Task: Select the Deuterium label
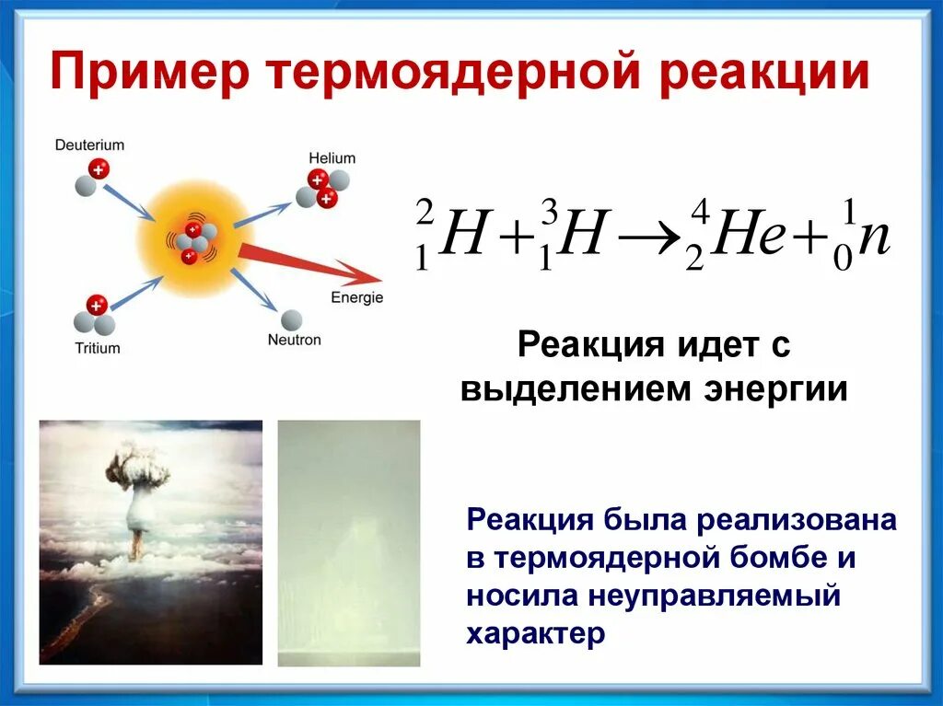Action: click(89, 145)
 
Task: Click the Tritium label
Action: click(98, 348)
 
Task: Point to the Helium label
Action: click(332, 158)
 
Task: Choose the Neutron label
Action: click(294, 340)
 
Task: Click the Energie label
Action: click(356, 297)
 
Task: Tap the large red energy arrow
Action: click(310, 263)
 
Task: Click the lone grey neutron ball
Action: click(292, 320)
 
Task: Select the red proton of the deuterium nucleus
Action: click(99, 169)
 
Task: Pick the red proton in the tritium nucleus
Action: click(96, 305)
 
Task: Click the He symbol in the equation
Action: click(748, 233)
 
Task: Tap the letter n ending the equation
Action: click(873, 238)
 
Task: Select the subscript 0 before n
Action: click(844, 260)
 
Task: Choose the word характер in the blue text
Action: click(535, 633)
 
